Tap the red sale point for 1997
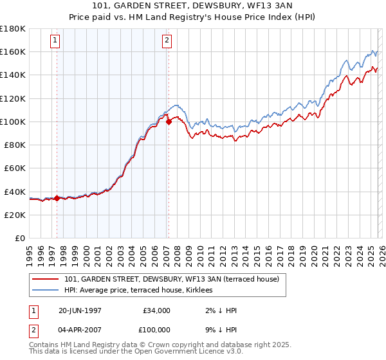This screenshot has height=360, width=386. click(x=57, y=198)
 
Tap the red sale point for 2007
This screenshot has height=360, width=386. click(x=169, y=121)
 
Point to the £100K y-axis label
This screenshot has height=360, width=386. click(x=13, y=122)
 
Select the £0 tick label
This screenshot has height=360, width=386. click(x=20, y=239)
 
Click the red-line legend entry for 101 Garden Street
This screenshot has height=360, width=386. click(x=171, y=280)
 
